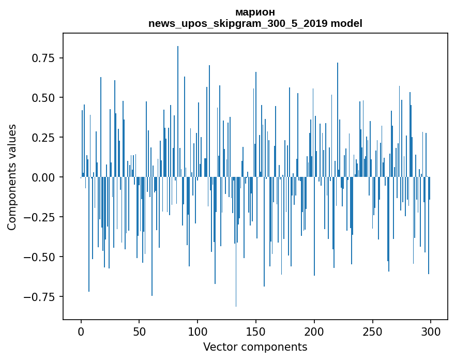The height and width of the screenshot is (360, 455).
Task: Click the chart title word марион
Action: tap(255, 12)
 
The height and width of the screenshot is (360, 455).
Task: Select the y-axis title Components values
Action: tap(12, 177)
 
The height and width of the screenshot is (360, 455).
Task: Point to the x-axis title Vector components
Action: tap(255, 347)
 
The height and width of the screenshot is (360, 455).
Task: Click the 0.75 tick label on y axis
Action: tap(47, 58)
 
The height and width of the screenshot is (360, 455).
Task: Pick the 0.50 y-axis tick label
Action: tap(47, 98)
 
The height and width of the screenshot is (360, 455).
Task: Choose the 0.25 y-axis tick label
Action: tap(47, 138)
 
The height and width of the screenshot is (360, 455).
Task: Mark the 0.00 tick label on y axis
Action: tap(47, 177)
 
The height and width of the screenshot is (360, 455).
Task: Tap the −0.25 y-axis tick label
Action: tap(43, 217)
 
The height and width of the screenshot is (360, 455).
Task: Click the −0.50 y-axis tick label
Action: tap(43, 257)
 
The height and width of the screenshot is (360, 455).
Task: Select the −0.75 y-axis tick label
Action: tap(43, 297)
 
